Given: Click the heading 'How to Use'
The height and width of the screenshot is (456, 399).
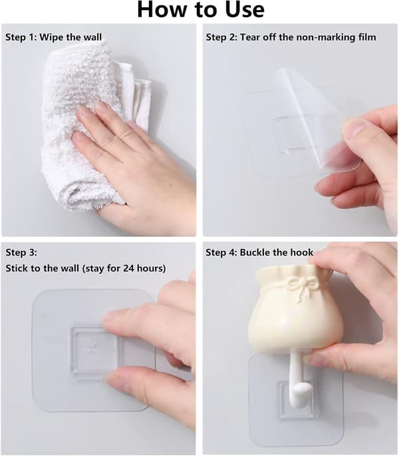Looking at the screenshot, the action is point(201,10).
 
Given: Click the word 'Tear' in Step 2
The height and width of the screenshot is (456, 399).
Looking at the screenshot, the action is point(250,37).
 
